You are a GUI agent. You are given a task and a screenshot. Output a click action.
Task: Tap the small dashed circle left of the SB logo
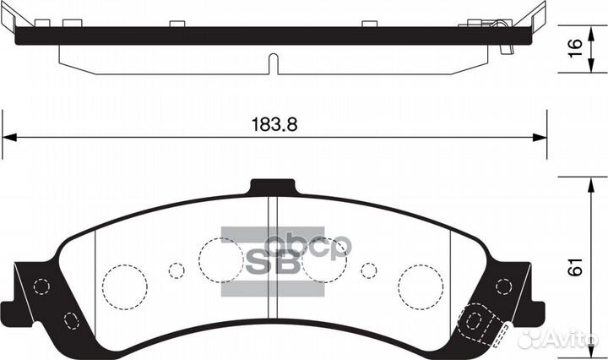[176, 270]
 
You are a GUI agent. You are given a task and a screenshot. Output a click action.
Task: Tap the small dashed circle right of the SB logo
[368, 270]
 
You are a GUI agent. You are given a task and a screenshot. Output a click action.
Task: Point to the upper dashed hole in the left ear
[39, 286]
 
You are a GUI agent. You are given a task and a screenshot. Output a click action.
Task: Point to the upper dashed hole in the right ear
[503, 286]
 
